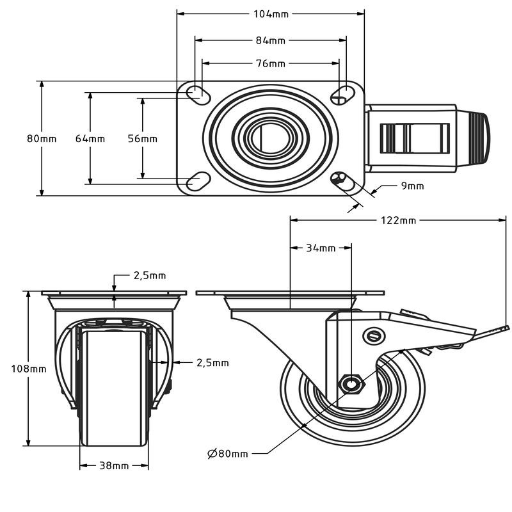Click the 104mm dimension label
[x=270, y=13]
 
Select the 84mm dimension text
[x=270, y=41]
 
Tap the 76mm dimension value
[x=270, y=63]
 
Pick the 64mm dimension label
[x=90, y=138]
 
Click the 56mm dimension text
[x=142, y=138]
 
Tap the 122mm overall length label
[x=398, y=221]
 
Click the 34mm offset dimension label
[x=321, y=248]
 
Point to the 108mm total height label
[x=28, y=369]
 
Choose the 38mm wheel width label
[x=114, y=466]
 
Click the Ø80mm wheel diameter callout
[x=228, y=454]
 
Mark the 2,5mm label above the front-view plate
[x=149, y=276]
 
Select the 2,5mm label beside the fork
[x=212, y=363]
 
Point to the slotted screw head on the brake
[x=374, y=335]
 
